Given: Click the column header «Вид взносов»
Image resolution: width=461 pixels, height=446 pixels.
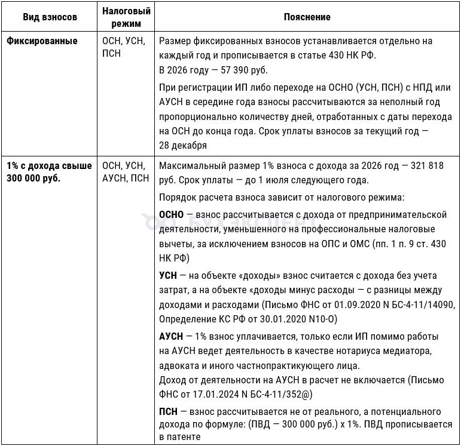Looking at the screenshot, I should [x=50, y=17].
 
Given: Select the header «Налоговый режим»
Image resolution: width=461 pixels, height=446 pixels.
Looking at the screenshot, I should [x=126, y=17].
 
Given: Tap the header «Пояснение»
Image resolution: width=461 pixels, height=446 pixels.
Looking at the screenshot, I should [x=307, y=17].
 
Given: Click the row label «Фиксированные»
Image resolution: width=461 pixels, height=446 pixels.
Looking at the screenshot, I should [x=42, y=41].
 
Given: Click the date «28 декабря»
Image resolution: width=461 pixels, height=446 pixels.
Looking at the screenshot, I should [x=183, y=145].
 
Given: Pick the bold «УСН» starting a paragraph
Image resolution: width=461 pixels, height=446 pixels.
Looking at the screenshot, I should [x=168, y=276].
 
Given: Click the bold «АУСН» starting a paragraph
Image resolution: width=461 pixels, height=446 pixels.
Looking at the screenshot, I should [x=171, y=336].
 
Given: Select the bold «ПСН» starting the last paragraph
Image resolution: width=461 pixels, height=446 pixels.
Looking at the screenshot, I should [x=168, y=412].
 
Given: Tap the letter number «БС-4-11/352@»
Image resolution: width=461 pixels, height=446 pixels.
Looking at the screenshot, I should [x=279, y=395].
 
